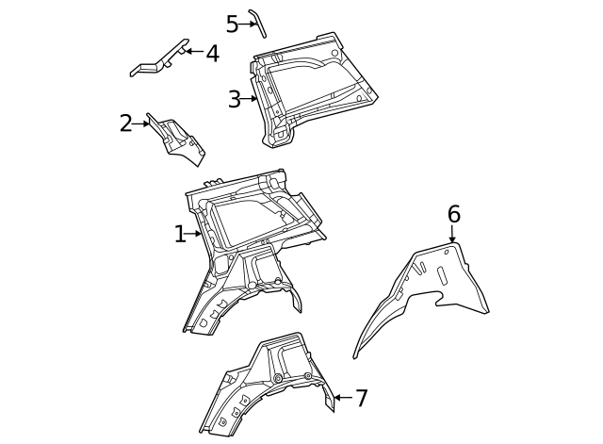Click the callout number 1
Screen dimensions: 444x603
[180, 234]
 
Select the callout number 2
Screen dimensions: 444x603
[126, 123]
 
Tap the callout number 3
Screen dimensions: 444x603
[235, 99]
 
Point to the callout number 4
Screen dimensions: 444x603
[212, 53]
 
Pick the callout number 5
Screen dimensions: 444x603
[232, 25]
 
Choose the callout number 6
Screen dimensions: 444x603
[453, 215]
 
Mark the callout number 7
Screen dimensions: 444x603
[362, 398]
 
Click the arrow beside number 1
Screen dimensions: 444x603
[195, 234]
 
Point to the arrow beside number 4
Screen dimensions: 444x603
[191, 51]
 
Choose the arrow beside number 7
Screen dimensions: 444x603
[342, 398]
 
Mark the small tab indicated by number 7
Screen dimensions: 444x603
[330, 403]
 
